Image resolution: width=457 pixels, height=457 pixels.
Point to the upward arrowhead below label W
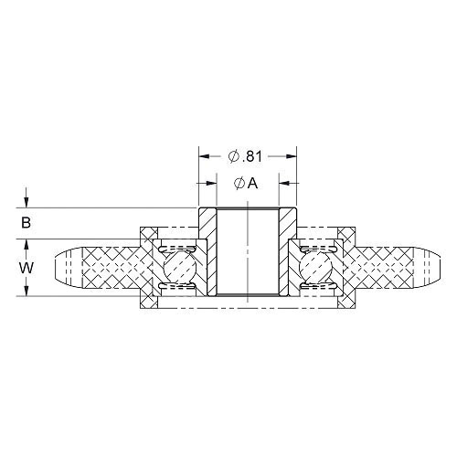(x=27, y=290)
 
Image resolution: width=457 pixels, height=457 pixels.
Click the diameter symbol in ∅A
(x=238, y=183)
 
